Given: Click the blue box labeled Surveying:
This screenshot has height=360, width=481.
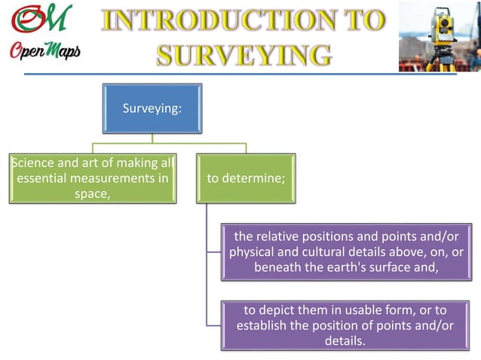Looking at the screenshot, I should [x=152, y=108].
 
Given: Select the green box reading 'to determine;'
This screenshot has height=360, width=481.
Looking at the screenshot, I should [x=246, y=178].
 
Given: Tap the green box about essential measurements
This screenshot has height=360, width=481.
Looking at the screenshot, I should [x=93, y=178].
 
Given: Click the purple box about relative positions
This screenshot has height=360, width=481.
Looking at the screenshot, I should [x=347, y=252].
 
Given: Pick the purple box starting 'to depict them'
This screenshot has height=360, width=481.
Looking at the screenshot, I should [x=347, y=325].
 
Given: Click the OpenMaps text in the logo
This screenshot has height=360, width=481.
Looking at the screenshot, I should [x=44, y=51].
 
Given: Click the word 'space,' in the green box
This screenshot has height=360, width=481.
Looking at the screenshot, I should [x=93, y=194].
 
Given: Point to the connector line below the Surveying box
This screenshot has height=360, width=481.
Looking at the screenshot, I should [x=152, y=137].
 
